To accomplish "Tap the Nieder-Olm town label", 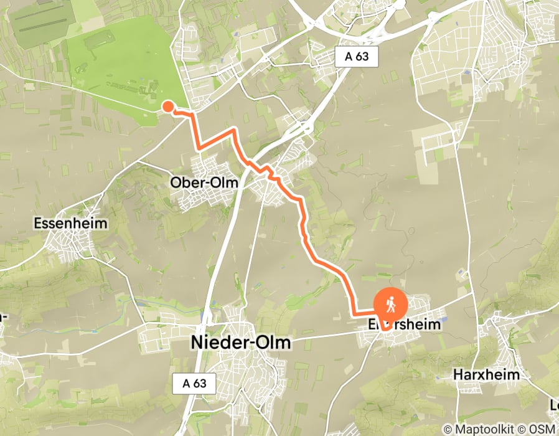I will [240, 343].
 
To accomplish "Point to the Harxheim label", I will [486, 376].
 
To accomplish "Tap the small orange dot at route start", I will [167, 107].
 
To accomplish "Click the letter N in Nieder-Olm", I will [196, 343].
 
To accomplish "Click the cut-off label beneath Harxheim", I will [554, 406].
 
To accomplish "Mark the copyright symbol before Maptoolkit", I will [448, 429].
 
